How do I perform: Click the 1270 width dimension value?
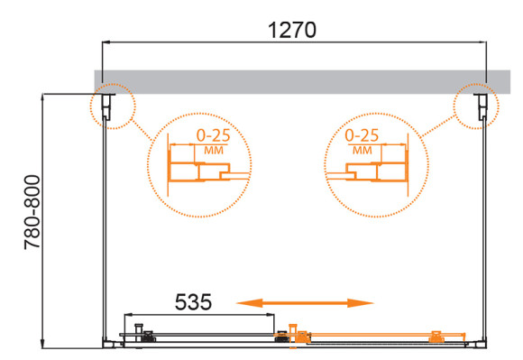pyautogui.click(x=292, y=29)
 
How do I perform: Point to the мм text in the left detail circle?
pyautogui.click(x=214, y=150)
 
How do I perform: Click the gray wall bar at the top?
pyautogui.click(x=292, y=78)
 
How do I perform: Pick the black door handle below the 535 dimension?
pyautogui.click(x=139, y=330)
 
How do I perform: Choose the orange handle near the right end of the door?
pyautogui.click(x=436, y=336)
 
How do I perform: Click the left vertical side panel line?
pyautogui.click(x=107, y=226)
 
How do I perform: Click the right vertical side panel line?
pyautogui.click(x=488, y=226)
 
